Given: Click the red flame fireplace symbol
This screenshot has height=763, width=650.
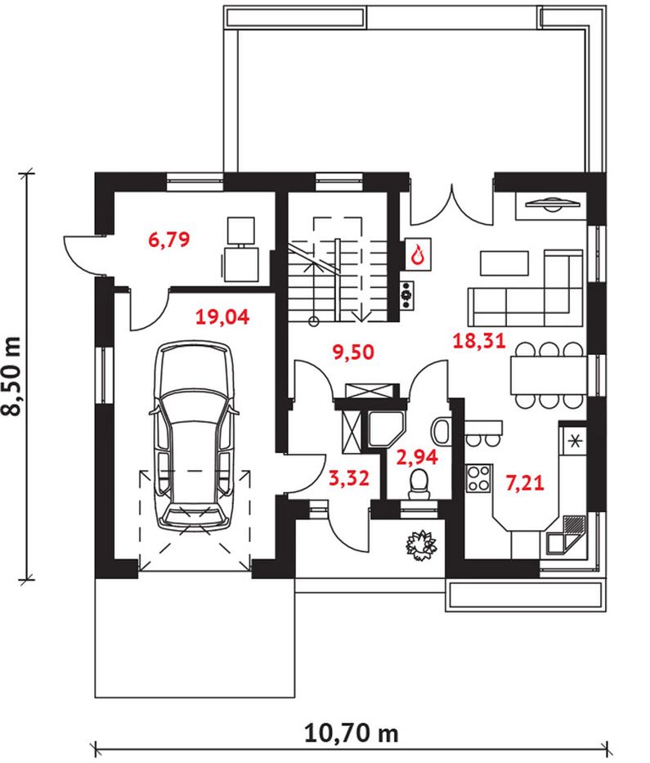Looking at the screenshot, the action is pyautogui.click(x=419, y=254).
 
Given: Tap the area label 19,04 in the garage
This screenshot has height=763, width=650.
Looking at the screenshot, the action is pyautogui.click(x=222, y=317).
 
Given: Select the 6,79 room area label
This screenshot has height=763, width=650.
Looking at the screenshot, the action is pyautogui.click(x=168, y=240).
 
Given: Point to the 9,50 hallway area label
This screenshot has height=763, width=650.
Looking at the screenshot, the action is pyautogui.click(x=353, y=352).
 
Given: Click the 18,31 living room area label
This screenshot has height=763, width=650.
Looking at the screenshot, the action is pyautogui.click(x=479, y=341).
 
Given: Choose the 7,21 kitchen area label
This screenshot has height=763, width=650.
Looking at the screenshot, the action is pyautogui.click(x=524, y=482).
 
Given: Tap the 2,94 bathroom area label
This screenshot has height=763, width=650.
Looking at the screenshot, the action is pyautogui.click(x=418, y=457).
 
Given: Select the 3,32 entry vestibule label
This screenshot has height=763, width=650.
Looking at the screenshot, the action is pyautogui.click(x=349, y=478).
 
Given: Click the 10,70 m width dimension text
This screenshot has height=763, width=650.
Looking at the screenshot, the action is pyautogui.click(x=351, y=733).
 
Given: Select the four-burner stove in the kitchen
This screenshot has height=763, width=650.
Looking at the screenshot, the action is pyautogui.click(x=478, y=479).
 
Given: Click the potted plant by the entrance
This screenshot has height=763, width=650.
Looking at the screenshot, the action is pyautogui.click(x=421, y=545).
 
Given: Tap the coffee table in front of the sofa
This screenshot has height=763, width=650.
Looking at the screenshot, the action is pyautogui.click(x=504, y=263).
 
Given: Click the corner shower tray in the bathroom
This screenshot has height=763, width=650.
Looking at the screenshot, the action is pyautogui.click(x=385, y=429).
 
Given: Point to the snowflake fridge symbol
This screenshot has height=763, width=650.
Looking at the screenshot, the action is pyautogui.click(x=575, y=442).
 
